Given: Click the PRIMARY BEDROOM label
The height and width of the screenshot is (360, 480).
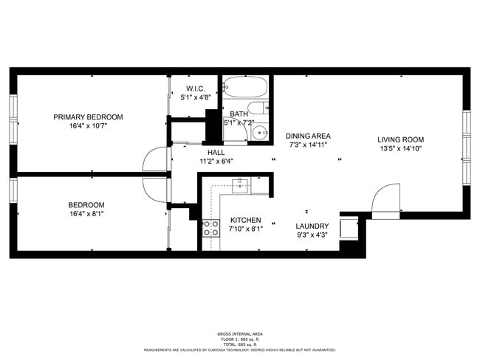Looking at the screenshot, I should (88, 117).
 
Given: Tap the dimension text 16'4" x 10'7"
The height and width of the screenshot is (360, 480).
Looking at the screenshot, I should (88, 126).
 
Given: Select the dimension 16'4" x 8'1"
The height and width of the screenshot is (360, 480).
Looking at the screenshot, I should (86, 214).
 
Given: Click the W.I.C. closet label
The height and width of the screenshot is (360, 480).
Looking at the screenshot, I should (195, 88).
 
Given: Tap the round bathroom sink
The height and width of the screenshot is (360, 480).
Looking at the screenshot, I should (259, 133).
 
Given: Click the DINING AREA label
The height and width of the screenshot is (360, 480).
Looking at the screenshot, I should (308, 136).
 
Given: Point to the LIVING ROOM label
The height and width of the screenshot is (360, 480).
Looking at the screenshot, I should (400, 139).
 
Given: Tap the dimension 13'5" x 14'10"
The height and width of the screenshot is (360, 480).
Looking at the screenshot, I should (400, 148).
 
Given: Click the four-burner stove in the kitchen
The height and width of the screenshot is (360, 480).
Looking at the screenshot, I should (210, 228).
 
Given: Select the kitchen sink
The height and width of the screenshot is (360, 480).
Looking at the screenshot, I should (240, 184).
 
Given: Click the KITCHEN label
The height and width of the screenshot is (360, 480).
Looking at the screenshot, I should (245, 220).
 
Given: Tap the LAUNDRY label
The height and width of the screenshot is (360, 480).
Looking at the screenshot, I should (312, 226).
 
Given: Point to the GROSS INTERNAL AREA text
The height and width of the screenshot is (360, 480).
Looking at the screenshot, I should (239, 334).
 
